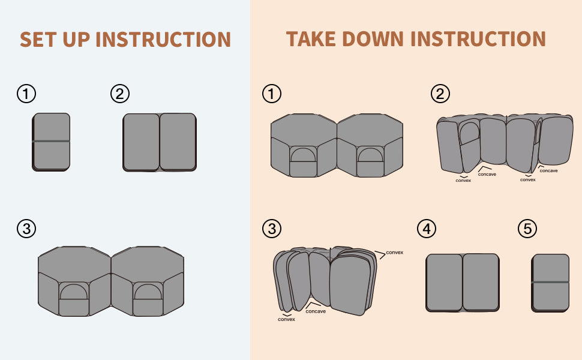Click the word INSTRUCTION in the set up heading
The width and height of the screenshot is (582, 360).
tap(163, 39)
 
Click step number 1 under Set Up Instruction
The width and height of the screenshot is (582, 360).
tap(26, 94)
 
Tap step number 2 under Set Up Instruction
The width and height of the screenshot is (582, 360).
tap(120, 94)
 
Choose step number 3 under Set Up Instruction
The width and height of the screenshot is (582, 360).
tap(26, 229)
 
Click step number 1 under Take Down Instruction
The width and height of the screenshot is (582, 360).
tap(272, 94)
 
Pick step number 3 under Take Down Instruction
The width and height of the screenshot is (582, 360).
tap(272, 229)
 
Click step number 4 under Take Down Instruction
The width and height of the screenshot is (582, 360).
tap(426, 229)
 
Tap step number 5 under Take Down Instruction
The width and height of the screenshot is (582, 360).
tap(526, 229)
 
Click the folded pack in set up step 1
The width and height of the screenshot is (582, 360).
tap(51, 142)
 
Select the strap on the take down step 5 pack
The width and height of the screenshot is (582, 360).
tap(550, 281)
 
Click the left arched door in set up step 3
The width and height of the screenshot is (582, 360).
tap(74, 292)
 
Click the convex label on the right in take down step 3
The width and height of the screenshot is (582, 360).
tap(394, 253)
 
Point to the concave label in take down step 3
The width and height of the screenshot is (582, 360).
tap(316, 311)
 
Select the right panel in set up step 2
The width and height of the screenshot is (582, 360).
tap(178, 142)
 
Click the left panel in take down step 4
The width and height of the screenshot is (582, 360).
tap(444, 282)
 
